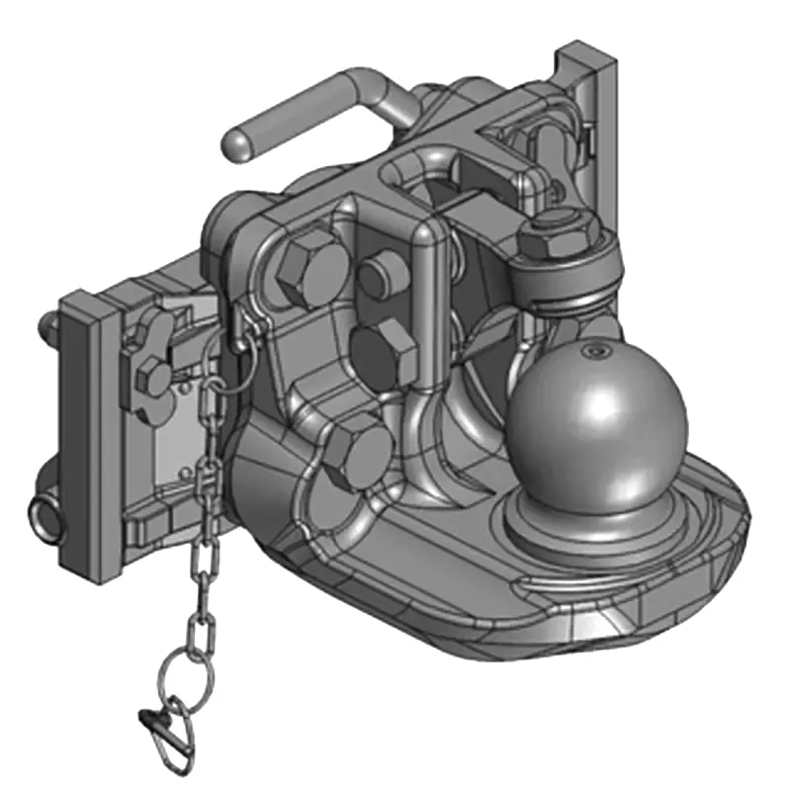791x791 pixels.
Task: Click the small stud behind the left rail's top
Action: [47, 324]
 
